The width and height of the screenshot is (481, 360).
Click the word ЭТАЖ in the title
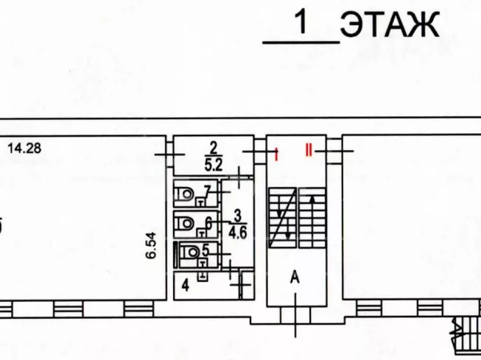[x=390, y=25]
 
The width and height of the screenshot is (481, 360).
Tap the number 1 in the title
[x=301, y=22]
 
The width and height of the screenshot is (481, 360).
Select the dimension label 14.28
[x=24, y=148]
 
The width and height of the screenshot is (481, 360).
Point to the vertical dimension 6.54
[x=151, y=246]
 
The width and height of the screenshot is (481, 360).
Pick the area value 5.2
[x=214, y=166]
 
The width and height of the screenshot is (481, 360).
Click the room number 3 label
[x=238, y=216]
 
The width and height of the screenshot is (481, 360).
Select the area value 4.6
[x=238, y=233]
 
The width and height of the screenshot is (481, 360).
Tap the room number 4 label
[x=186, y=286]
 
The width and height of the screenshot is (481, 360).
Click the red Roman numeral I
[x=277, y=155]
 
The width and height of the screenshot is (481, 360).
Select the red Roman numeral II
[x=309, y=150]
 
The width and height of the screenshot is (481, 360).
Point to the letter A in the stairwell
[x=295, y=278]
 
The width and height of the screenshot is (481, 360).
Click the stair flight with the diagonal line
[x=283, y=218]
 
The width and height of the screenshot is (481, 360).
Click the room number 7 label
[x=208, y=192]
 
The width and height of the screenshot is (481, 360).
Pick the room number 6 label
[x=208, y=222]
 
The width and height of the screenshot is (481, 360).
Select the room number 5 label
[x=206, y=251]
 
